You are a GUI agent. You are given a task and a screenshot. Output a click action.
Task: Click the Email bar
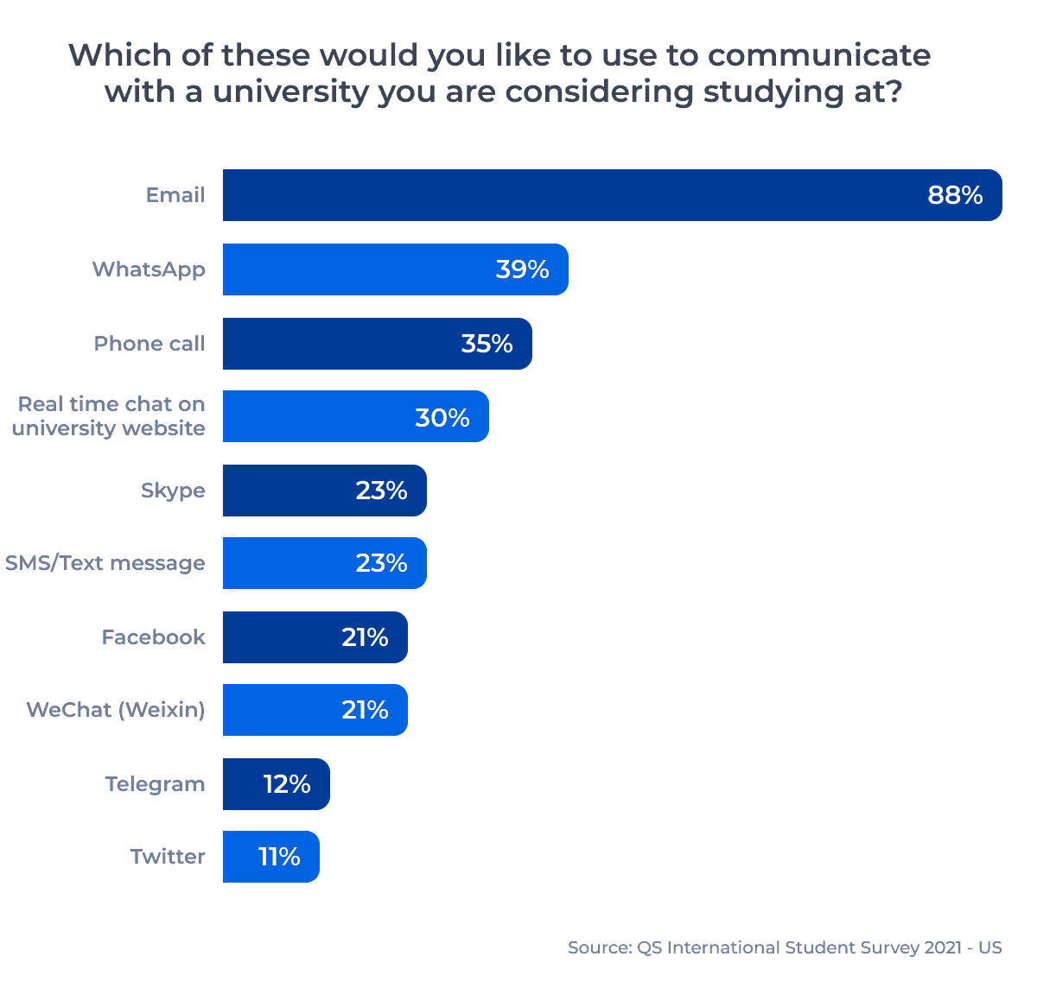[570, 195]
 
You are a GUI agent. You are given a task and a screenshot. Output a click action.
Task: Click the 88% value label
[955, 195]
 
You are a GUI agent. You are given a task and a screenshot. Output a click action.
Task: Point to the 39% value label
[522, 269]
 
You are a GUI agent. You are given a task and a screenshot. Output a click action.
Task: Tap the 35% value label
[487, 344]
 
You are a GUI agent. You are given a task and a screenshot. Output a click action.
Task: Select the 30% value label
[442, 418]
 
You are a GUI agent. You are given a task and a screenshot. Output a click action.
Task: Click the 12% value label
[287, 784]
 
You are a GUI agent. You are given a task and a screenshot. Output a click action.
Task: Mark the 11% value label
[279, 857]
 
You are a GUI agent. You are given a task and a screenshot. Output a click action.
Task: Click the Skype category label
[173, 491]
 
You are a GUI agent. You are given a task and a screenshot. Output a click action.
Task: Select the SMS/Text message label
[105, 563]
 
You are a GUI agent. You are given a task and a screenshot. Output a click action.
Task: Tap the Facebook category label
[153, 637]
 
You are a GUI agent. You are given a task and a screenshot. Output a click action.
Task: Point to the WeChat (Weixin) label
[116, 710]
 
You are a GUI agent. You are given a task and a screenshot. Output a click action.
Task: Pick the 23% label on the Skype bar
[381, 491]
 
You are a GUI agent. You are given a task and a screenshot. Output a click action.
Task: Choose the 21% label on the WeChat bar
[365, 710]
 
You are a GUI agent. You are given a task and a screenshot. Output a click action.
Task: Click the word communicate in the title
[818, 55]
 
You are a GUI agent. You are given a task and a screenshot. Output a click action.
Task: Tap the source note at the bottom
[785, 947]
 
